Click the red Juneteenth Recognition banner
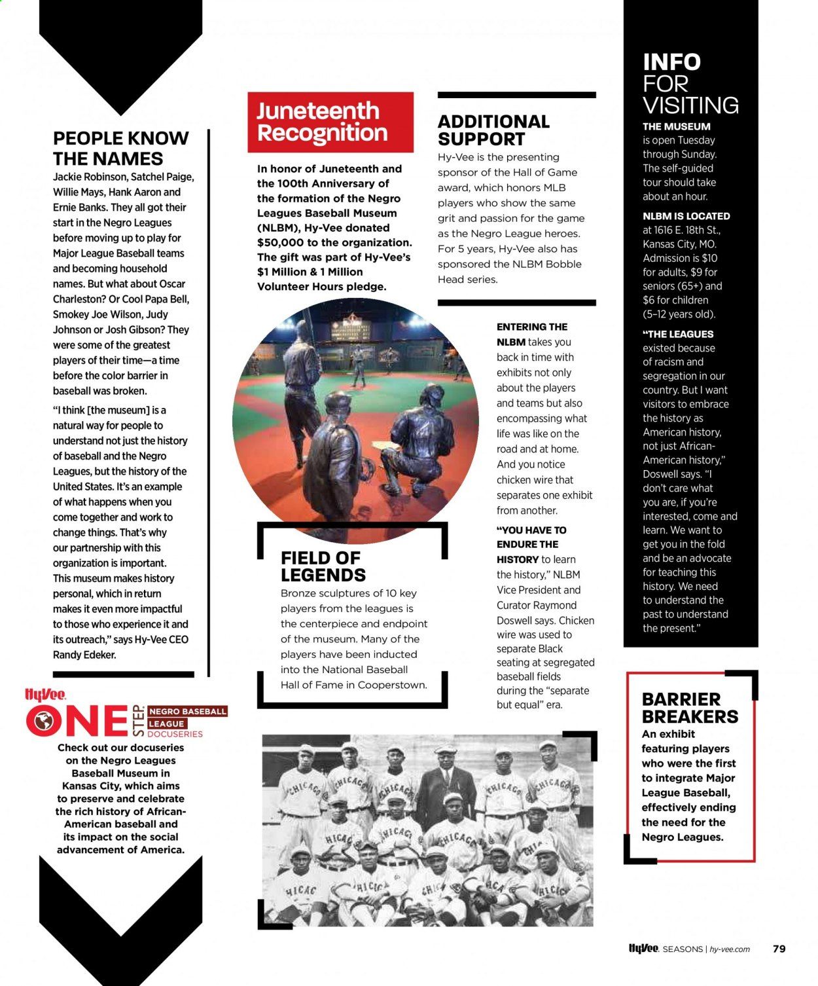[x=330, y=122]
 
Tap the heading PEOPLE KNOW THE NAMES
[x=120, y=149]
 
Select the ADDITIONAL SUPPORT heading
[x=493, y=130]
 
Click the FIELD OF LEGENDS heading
[x=323, y=566]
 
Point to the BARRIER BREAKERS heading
[x=690, y=708]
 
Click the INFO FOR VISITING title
[x=690, y=84]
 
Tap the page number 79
[x=779, y=949]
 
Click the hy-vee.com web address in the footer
[x=730, y=949]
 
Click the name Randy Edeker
[x=84, y=655]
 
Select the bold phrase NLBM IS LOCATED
[x=686, y=216]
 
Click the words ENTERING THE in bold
[x=532, y=327]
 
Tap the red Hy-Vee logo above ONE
[x=44, y=695]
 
